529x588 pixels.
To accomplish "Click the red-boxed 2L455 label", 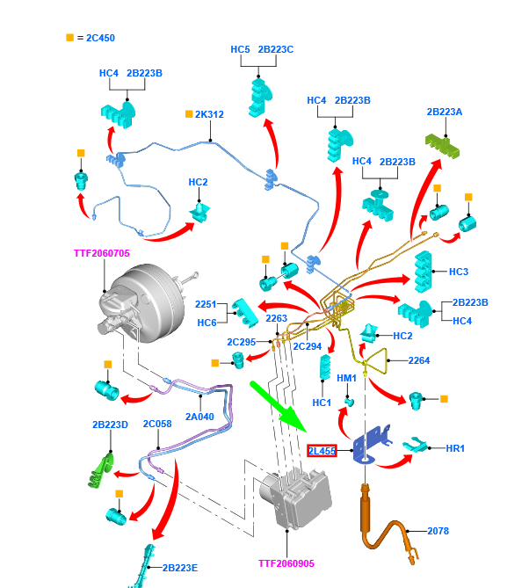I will (x=322, y=451).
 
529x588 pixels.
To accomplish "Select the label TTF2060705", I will (x=101, y=253).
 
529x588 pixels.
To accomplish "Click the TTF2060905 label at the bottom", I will (x=286, y=563).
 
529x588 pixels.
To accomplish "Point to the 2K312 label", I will (x=209, y=114).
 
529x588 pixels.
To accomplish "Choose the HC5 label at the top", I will (x=241, y=50).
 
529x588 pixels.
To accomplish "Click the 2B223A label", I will (x=445, y=112).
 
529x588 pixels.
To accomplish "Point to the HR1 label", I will (x=454, y=449).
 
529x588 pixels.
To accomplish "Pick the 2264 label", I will (x=419, y=359).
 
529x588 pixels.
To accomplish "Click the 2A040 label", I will (x=200, y=417).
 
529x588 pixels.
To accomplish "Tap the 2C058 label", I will (x=157, y=425).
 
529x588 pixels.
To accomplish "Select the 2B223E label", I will (x=180, y=568).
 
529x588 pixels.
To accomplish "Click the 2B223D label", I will (x=110, y=425).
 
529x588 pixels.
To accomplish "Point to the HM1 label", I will (x=347, y=377).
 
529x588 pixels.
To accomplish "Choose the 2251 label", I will (x=206, y=305).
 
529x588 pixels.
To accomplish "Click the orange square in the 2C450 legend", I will (x=69, y=38).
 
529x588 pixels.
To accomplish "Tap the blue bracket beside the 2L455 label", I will (x=372, y=445).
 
